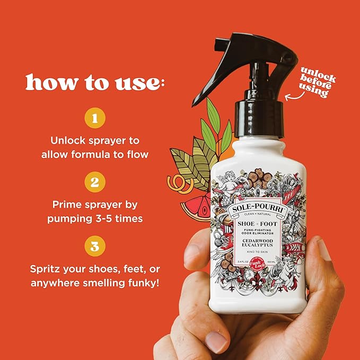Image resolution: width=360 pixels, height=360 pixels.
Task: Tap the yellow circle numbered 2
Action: pyautogui.click(x=94, y=183)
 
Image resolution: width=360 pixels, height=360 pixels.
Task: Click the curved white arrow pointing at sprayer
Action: pyautogui.click(x=293, y=95)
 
